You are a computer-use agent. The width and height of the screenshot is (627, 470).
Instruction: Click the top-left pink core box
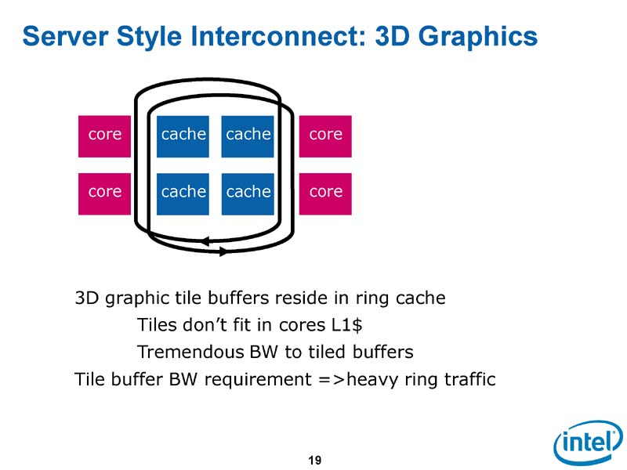point(105,135)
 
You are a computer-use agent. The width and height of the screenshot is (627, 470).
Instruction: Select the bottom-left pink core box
point(105,193)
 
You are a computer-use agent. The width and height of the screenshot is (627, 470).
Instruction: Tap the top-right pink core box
point(325,135)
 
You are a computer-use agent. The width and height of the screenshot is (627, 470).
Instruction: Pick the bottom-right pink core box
point(325,193)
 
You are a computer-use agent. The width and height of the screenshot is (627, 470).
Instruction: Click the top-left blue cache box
point(183,136)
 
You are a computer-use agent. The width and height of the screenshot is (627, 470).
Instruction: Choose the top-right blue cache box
point(248,136)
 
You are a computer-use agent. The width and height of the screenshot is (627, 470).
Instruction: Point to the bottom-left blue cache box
point(183,193)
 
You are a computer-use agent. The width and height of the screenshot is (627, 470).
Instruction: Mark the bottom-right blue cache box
point(248,193)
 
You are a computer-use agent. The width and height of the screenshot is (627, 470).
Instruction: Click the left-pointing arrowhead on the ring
point(204,240)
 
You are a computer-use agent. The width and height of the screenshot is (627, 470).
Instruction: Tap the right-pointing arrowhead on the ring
point(223,251)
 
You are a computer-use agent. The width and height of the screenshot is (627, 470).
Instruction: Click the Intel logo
point(587,443)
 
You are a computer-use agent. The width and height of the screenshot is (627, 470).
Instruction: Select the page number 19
point(315,460)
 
